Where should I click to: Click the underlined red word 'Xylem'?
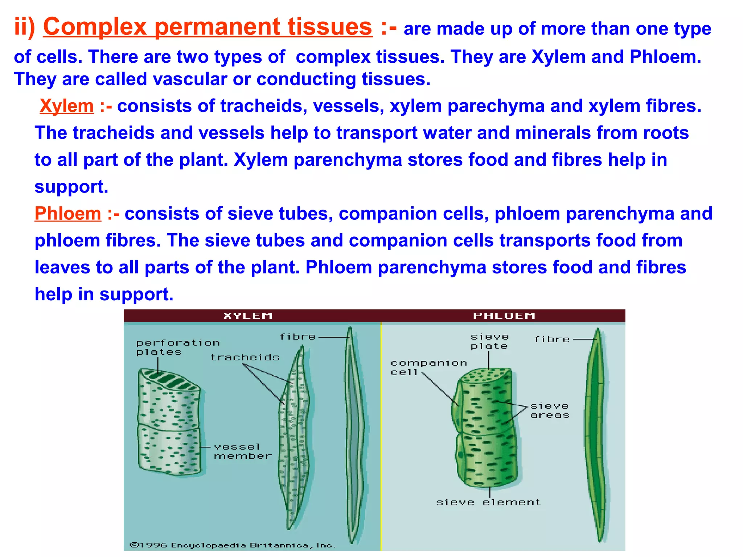(66, 106)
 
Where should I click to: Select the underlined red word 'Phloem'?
(68, 213)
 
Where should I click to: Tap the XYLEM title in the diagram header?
(248, 316)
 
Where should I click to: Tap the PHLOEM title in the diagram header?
(504, 316)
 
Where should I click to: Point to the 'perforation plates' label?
(177, 347)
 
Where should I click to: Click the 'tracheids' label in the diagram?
(245, 358)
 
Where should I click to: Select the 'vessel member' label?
(242, 451)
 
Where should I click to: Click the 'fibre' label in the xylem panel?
(297, 337)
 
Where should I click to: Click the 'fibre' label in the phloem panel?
(552, 339)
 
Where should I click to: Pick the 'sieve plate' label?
(489, 342)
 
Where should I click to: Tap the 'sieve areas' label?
(550, 410)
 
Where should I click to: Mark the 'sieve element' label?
(488, 502)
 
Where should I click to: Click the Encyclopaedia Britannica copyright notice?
(233, 545)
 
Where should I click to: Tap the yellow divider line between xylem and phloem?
(381, 435)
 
